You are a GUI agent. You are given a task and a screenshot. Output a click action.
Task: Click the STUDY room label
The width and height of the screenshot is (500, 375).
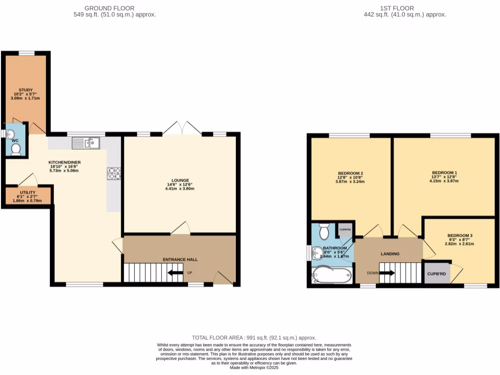25,90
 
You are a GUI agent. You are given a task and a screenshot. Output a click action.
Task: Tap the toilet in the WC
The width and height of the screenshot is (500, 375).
15,150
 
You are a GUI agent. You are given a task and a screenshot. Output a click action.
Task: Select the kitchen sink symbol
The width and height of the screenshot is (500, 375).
85,143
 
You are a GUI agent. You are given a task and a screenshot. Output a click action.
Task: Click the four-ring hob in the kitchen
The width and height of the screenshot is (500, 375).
114,173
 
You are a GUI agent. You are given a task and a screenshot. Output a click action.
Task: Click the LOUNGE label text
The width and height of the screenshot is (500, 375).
180,180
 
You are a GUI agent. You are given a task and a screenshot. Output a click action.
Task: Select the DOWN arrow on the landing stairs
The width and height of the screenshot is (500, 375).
387,273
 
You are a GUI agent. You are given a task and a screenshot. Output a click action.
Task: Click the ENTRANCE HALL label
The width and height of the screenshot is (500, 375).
180,259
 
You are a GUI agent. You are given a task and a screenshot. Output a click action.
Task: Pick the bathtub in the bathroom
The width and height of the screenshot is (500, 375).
332,275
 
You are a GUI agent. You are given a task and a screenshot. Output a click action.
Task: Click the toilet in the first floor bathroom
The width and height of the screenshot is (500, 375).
323,230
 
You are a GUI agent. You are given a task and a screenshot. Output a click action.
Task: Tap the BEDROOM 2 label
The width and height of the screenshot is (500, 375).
350,173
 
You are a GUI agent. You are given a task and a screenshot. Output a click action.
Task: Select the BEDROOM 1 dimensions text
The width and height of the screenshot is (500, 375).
444,179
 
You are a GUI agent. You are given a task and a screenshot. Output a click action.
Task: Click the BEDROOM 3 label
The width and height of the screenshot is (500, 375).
460,235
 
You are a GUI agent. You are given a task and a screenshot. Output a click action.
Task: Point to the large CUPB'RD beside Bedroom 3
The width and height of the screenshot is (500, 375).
437,273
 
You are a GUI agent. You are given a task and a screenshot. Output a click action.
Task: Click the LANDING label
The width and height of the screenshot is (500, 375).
390,254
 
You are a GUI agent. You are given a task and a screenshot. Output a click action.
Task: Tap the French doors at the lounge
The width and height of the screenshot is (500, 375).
182,128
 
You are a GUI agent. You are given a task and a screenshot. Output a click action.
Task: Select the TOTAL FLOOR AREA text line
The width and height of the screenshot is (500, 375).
254,338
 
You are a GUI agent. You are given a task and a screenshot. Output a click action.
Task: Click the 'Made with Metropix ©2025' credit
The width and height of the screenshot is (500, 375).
254,368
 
